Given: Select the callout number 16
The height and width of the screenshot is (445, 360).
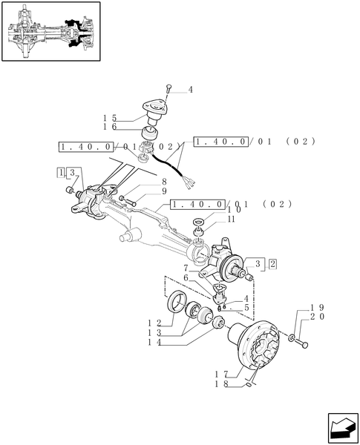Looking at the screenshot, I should pos(110,128).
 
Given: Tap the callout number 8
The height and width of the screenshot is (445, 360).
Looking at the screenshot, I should pos(163,182).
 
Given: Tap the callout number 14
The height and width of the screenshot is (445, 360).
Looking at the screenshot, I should pos(153,342).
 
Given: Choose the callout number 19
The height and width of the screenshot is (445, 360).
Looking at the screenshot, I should pos(315,307).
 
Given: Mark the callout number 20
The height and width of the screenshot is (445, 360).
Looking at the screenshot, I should pos(315,317).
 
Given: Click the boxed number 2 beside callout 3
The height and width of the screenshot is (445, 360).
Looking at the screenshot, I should pos(272,263).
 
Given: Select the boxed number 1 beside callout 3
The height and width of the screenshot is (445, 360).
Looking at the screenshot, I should pos(59,172).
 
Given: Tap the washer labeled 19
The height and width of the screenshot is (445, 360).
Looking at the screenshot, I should pos(294,339).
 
